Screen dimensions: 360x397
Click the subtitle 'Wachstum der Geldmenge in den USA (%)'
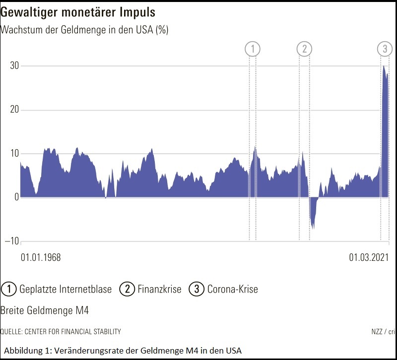tap(84, 30)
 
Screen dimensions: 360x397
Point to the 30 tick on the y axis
tap(15, 66)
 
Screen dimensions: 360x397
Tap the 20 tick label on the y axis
tap(15, 110)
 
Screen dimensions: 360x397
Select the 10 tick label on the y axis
tap(15, 153)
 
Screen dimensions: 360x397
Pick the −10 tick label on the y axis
tap(13, 241)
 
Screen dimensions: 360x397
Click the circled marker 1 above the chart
tap(253, 49)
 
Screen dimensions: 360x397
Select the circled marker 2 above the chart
tap(304, 49)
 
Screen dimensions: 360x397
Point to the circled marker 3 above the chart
tap(385, 49)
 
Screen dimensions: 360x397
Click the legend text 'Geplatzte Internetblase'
tap(66, 289)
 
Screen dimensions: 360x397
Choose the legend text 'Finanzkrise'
tap(159, 289)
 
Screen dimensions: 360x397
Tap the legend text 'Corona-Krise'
tap(232, 289)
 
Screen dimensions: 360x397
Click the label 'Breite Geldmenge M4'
tap(45, 310)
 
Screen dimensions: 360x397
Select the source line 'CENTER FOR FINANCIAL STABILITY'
tap(70, 331)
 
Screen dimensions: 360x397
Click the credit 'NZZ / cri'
tap(383, 331)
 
